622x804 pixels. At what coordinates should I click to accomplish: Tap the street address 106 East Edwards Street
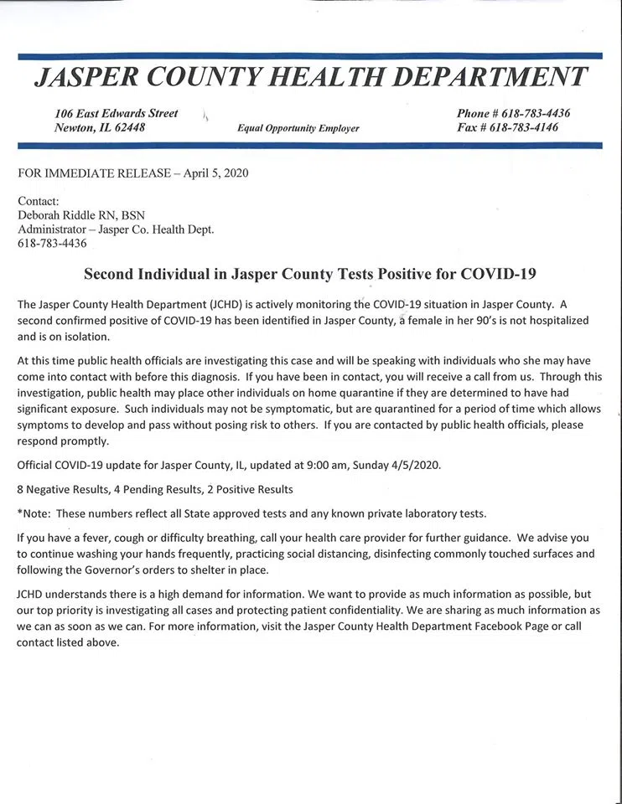[x=117, y=113]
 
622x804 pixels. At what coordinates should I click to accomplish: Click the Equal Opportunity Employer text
[x=298, y=129]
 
